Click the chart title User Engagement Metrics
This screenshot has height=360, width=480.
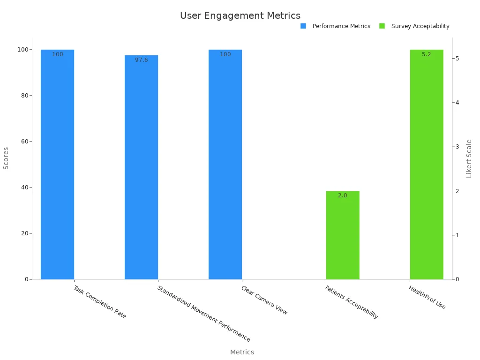(240, 15)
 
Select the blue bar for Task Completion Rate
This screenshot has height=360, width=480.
(57, 164)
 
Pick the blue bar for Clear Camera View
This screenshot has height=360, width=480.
(225, 164)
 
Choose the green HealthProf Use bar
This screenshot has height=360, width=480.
(427, 164)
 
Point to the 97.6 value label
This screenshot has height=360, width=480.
(141, 60)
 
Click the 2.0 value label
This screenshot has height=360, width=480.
(343, 195)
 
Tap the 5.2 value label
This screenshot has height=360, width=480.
(427, 54)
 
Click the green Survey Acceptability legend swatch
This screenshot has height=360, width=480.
(382, 26)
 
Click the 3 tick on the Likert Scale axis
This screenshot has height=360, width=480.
(457, 147)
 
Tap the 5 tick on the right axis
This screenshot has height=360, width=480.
(457, 58)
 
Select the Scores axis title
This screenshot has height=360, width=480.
(6, 158)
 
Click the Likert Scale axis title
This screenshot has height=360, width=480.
(469, 158)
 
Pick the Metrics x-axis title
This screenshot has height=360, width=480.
(242, 352)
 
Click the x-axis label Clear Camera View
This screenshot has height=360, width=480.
(264, 300)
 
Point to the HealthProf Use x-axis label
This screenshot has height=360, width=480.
(427, 297)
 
